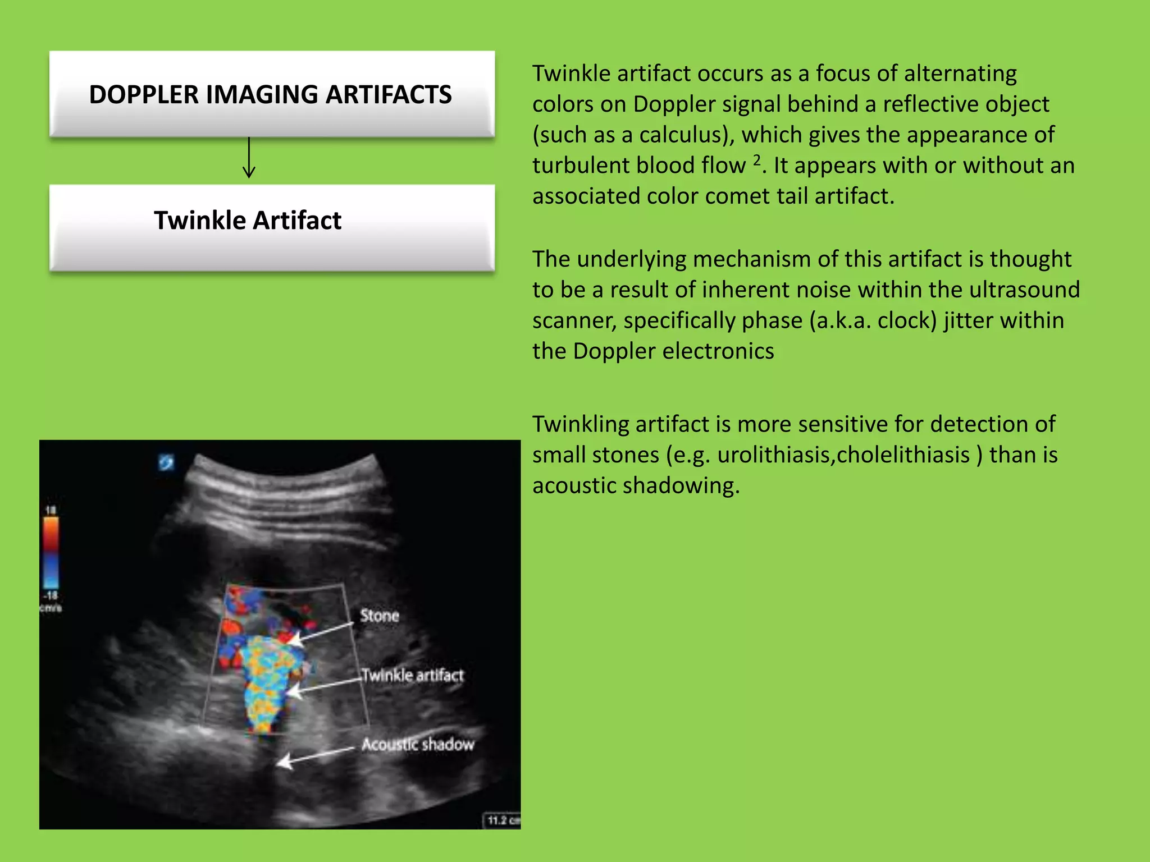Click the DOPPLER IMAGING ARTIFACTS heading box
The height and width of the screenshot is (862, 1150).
pyautogui.click(x=272, y=94)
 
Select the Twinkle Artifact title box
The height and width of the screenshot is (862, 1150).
pyautogui.click(x=272, y=227)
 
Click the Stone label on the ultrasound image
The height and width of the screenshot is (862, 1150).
pyautogui.click(x=380, y=616)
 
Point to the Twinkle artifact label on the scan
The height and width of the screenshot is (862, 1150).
pyautogui.click(x=413, y=675)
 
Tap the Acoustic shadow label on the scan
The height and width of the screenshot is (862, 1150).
pyautogui.click(x=418, y=744)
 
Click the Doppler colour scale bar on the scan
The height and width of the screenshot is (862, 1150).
pyautogui.click(x=51, y=552)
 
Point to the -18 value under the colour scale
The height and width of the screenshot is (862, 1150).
pyautogui.click(x=51, y=596)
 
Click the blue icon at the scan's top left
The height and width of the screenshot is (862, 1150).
pyautogui.click(x=166, y=462)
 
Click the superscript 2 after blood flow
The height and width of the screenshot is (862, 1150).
pyautogui.click(x=756, y=161)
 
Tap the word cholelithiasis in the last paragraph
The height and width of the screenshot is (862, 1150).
pyautogui.click(x=903, y=455)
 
